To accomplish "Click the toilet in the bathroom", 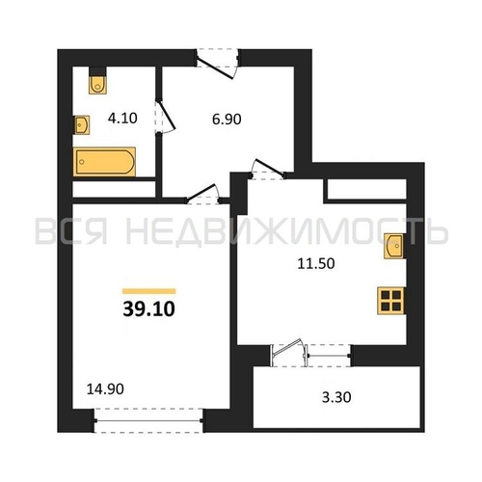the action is pos(97,85).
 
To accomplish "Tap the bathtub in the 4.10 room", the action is pos(104,162).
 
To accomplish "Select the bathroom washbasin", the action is pos(82,124).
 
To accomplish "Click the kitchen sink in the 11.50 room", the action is pos(394,246).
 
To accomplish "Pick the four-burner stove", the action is pos(390,301).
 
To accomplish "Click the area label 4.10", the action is pos(122,119).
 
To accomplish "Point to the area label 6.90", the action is pos(227,120).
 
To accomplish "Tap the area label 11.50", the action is pos(316,263).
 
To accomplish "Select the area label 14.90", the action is pos(105,389).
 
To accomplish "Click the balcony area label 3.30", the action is pos(336,397).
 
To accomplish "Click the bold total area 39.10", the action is pos(148,308).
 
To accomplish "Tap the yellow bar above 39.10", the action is pos(149,291).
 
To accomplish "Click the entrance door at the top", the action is pos(217,64).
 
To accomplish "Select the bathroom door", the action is pos(165,117).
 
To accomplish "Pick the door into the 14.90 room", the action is pos(203,194).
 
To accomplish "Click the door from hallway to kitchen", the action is pos(268,169).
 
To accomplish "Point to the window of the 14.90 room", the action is pos(148,420).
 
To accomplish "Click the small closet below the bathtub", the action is pos(114,189).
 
